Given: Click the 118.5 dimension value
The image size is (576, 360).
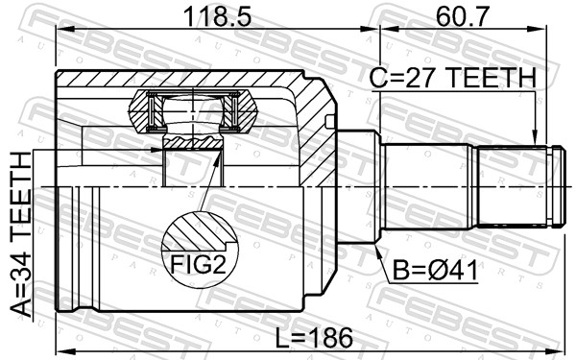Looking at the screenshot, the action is (217, 16).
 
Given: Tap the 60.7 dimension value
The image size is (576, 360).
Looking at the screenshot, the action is (462, 16).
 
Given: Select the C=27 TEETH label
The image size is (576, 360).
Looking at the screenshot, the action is (452, 78).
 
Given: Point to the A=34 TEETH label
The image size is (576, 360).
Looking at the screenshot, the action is (21, 234).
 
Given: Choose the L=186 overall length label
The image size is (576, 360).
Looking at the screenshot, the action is (314, 338).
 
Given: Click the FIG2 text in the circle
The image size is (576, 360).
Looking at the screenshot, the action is (198, 265).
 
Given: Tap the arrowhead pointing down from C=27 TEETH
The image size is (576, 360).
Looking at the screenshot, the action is (536, 138).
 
